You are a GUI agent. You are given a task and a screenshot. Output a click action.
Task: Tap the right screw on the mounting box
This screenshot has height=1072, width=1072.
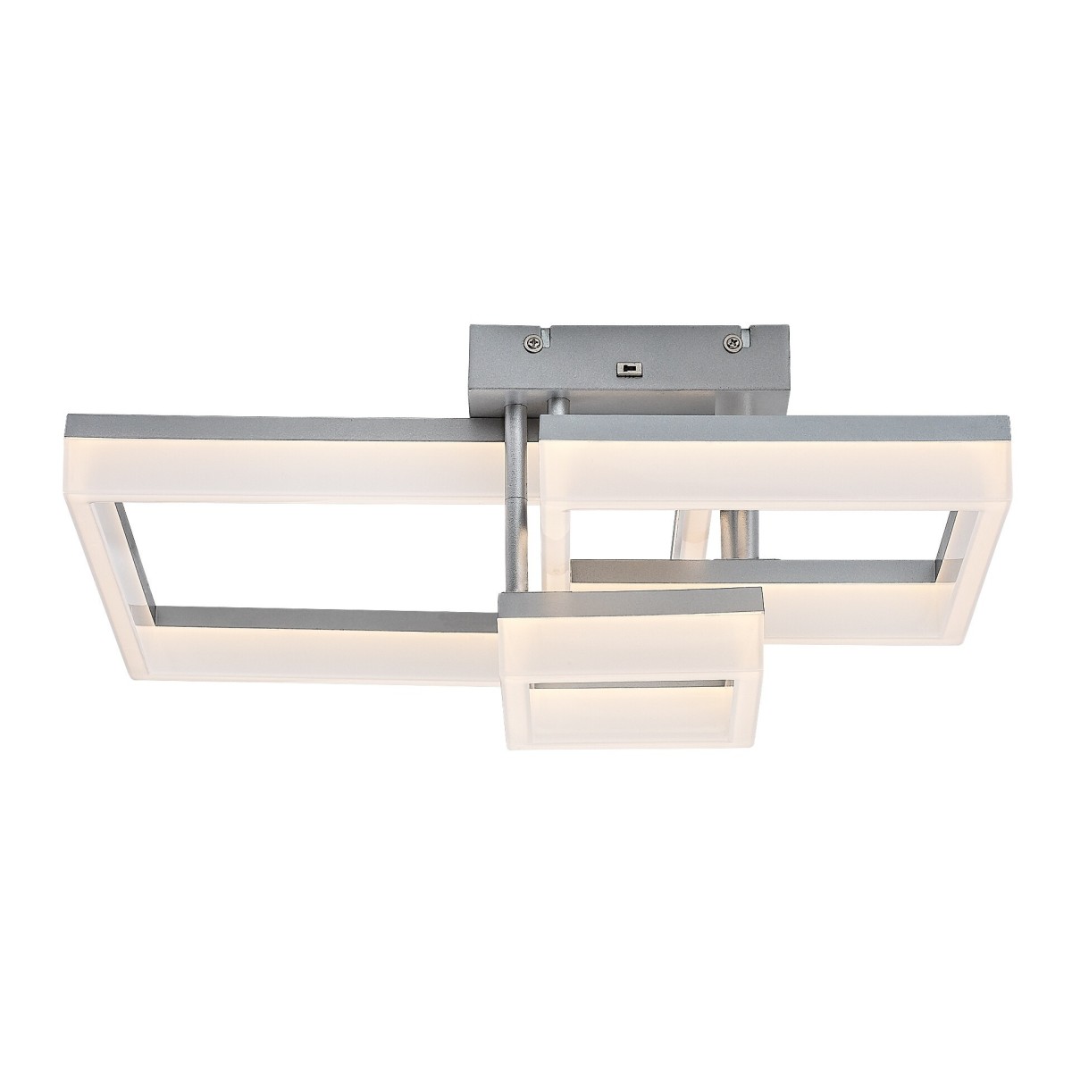pyautogui.click(x=733, y=339)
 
